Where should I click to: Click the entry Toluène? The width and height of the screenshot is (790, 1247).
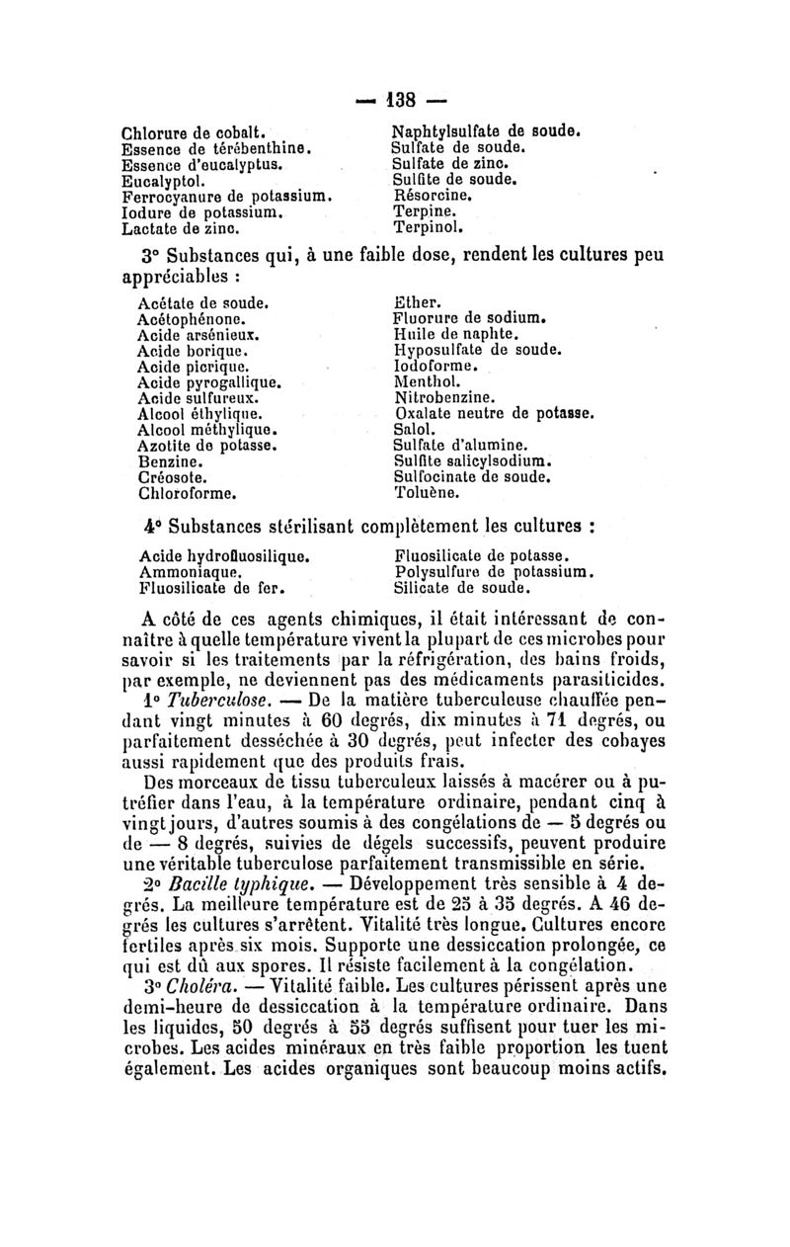point(426,492)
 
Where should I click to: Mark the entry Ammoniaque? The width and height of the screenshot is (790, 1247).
point(187,571)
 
